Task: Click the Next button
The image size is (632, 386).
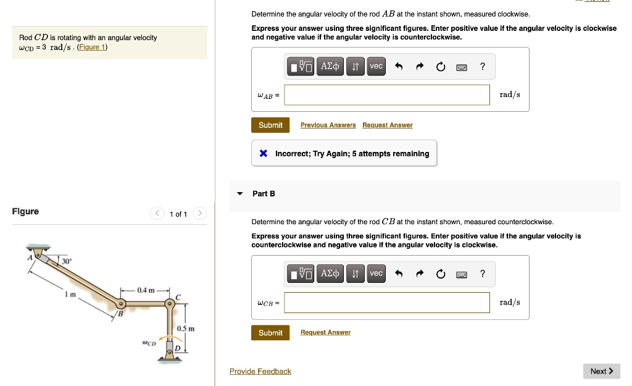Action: click(x=601, y=371)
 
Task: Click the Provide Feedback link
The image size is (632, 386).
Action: click(x=260, y=371)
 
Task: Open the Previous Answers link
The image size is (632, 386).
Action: click(x=328, y=125)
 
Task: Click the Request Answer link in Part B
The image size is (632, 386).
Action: click(x=325, y=333)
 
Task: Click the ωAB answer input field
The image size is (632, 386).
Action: click(x=387, y=95)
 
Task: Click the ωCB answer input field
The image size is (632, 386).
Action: click(x=387, y=303)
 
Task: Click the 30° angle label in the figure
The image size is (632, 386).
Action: click(x=67, y=261)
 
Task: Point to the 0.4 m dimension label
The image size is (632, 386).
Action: click(x=146, y=290)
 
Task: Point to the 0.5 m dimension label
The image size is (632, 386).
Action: click(x=186, y=329)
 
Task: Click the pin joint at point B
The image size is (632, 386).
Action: click(x=122, y=304)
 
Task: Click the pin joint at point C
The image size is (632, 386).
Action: click(x=169, y=304)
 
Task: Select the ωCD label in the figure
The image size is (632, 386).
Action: click(x=148, y=342)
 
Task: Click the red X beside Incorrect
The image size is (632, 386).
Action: click(x=264, y=154)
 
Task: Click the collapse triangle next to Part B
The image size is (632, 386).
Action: click(x=240, y=194)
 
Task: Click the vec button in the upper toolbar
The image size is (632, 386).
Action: click(x=376, y=66)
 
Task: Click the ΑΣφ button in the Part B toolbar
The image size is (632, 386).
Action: click(x=330, y=274)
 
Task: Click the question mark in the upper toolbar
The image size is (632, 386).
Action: click(x=482, y=66)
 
